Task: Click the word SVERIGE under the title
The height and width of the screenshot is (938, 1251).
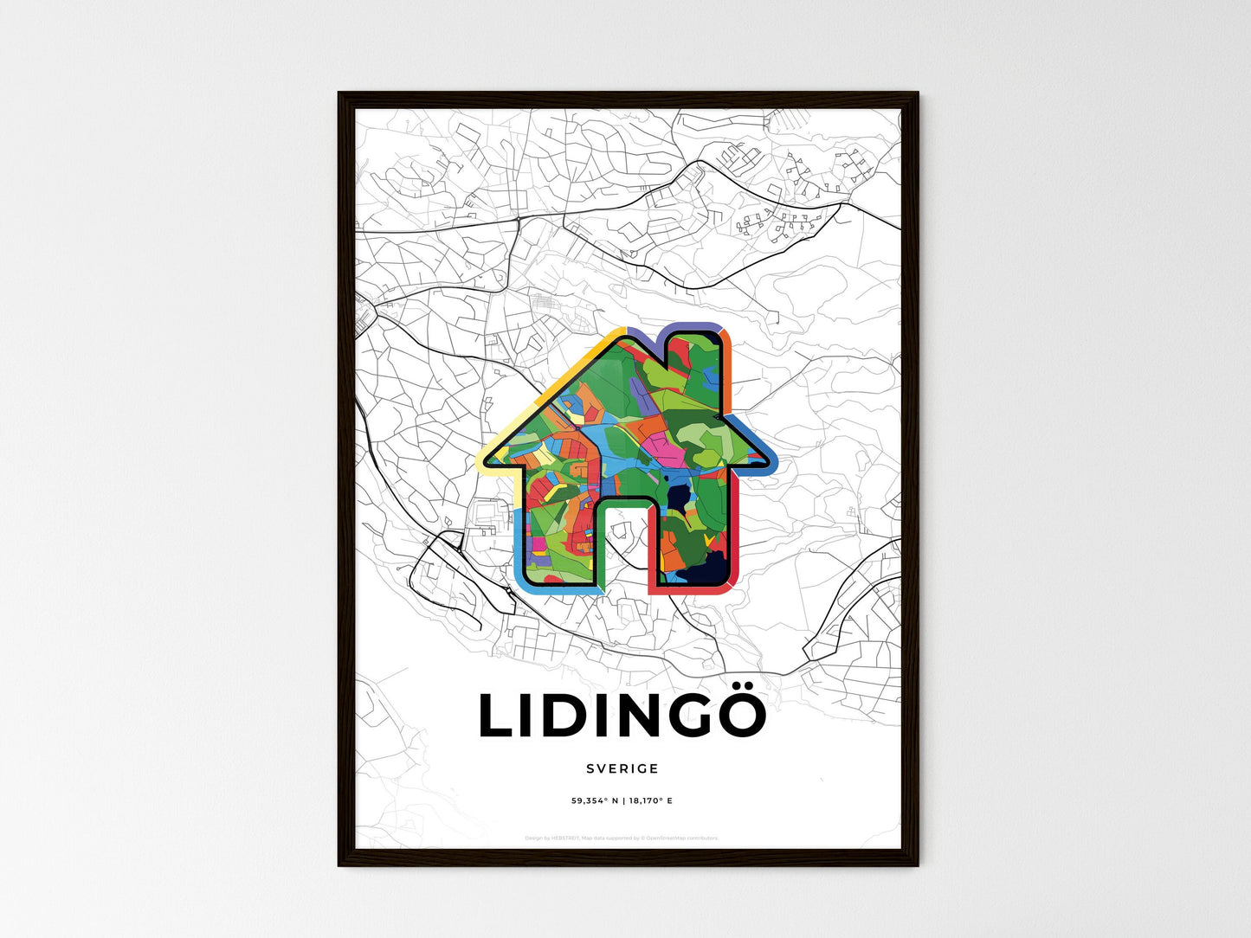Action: point(622,768)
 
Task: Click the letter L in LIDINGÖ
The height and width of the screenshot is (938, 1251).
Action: point(497,716)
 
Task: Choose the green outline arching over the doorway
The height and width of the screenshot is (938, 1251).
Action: point(626,498)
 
